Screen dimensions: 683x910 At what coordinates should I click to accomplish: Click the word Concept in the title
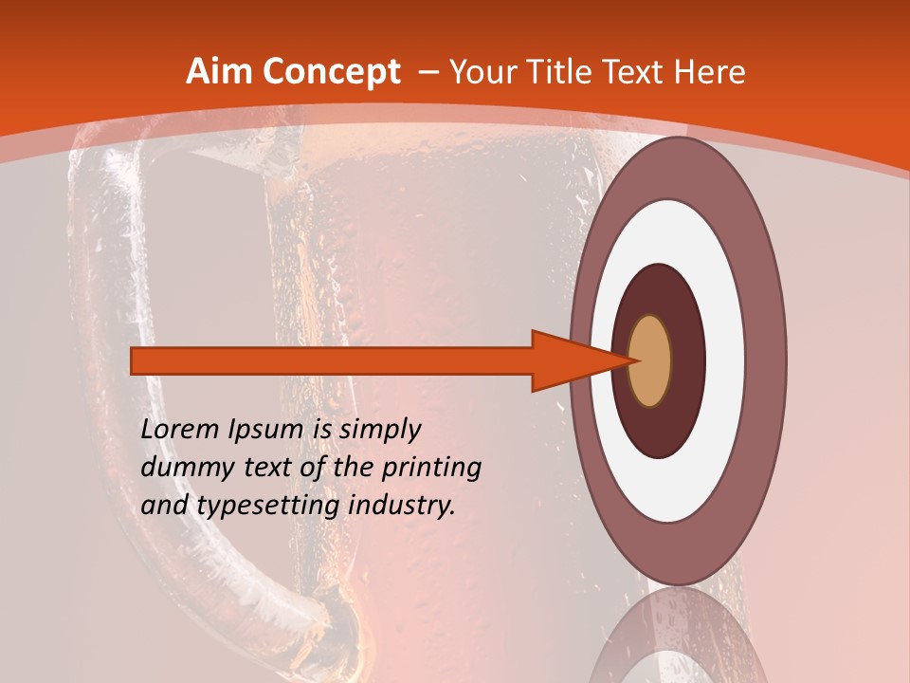[332, 72]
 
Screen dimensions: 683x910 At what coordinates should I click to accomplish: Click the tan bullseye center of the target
[650, 360]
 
